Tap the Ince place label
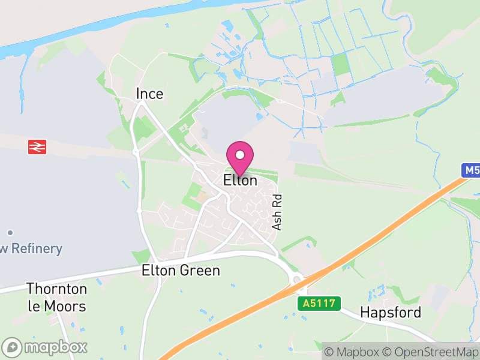click(x=149, y=94)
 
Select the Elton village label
click(x=240, y=180)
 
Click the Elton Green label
click(x=181, y=271)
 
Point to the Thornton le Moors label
click(x=56, y=298)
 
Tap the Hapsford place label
click(x=391, y=312)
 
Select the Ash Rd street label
click(x=277, y=212)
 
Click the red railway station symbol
click(x=37, y=146)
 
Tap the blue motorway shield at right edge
click(x=472, y=170)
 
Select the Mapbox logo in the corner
click(x=45, y=347)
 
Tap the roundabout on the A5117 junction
click(x=295, y=278)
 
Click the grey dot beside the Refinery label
click(x=10, y=232)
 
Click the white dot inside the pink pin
click(x=240, y=155)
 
